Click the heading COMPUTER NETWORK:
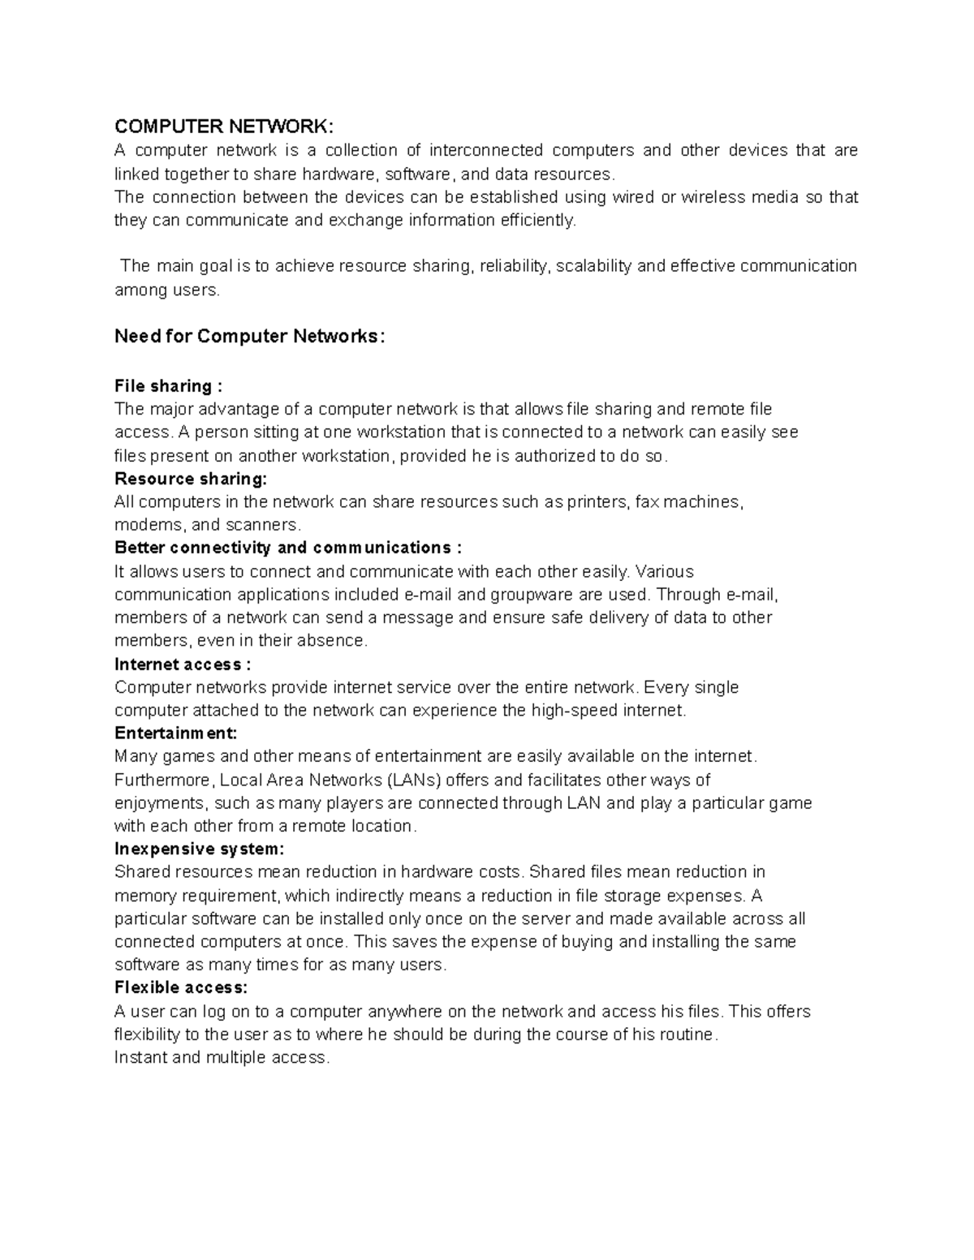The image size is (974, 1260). tap(223, 127)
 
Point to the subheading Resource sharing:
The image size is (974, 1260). tap(191, 479)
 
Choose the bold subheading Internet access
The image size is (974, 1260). tap(178, 664)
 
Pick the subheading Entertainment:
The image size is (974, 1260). tap(176, 733)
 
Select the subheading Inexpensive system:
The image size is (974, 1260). tap(200, 849)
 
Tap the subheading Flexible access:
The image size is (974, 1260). tap(181, 988)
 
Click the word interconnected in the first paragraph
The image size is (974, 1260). tap(485, 150)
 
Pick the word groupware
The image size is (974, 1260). tap(532, 595)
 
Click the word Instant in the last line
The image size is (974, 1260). tap(140, 1058)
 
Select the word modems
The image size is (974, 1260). tap(147, 525)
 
